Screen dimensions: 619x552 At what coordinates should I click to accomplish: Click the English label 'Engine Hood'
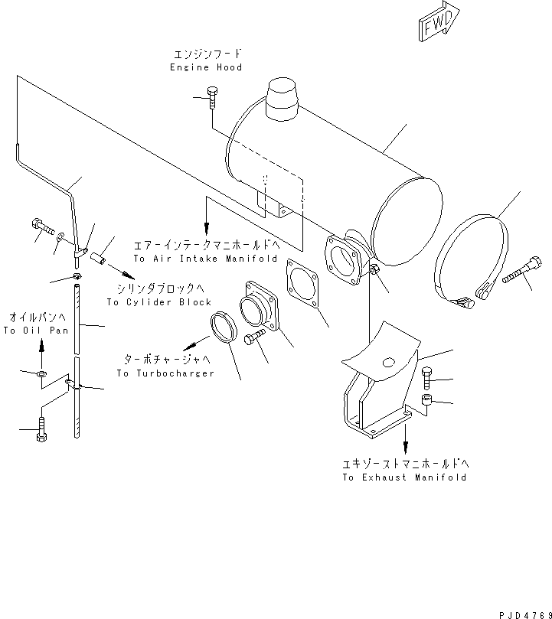(206, 67)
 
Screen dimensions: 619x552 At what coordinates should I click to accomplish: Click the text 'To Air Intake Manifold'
(205, 259)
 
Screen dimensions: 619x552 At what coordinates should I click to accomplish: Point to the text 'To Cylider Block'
(159, 301)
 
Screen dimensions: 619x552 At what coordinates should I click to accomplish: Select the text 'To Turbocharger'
(165, 373)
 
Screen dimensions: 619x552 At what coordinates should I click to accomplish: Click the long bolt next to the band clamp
(522, 274)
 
